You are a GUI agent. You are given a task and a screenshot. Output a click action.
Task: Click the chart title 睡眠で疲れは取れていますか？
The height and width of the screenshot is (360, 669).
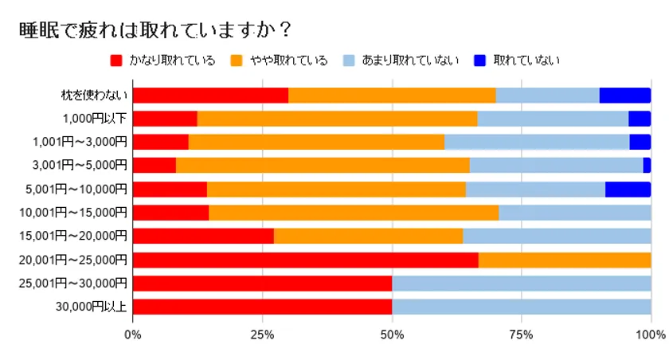tap(155, 29)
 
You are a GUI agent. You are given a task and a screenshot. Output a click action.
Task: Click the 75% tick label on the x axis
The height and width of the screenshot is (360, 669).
tap(522, 334)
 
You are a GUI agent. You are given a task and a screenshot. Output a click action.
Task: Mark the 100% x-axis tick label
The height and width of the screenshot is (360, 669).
tap(651, 334)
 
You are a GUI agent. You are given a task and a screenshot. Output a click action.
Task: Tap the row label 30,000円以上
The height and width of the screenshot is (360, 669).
tap(92, 307)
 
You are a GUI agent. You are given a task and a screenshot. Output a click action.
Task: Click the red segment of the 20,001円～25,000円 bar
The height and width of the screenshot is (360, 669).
tap(305, 260)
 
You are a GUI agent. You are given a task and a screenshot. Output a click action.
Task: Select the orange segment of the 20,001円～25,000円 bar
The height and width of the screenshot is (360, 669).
tap(565, 260)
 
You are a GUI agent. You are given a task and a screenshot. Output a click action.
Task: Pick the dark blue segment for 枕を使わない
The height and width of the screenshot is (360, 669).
tap(625, 96)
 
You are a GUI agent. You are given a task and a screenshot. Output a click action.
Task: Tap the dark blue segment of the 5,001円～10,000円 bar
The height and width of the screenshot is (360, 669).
tap(628, 190)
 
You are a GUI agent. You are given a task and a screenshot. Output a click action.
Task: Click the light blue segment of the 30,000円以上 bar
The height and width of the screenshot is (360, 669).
tap(522, 307)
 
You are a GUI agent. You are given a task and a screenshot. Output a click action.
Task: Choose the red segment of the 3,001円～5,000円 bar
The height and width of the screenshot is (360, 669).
tap(155, 166)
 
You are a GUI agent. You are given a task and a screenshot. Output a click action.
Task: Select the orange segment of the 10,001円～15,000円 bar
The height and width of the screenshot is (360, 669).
tap(354, 213)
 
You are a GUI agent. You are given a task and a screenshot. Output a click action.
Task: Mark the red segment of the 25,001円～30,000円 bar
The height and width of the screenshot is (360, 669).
tap(262, 284)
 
